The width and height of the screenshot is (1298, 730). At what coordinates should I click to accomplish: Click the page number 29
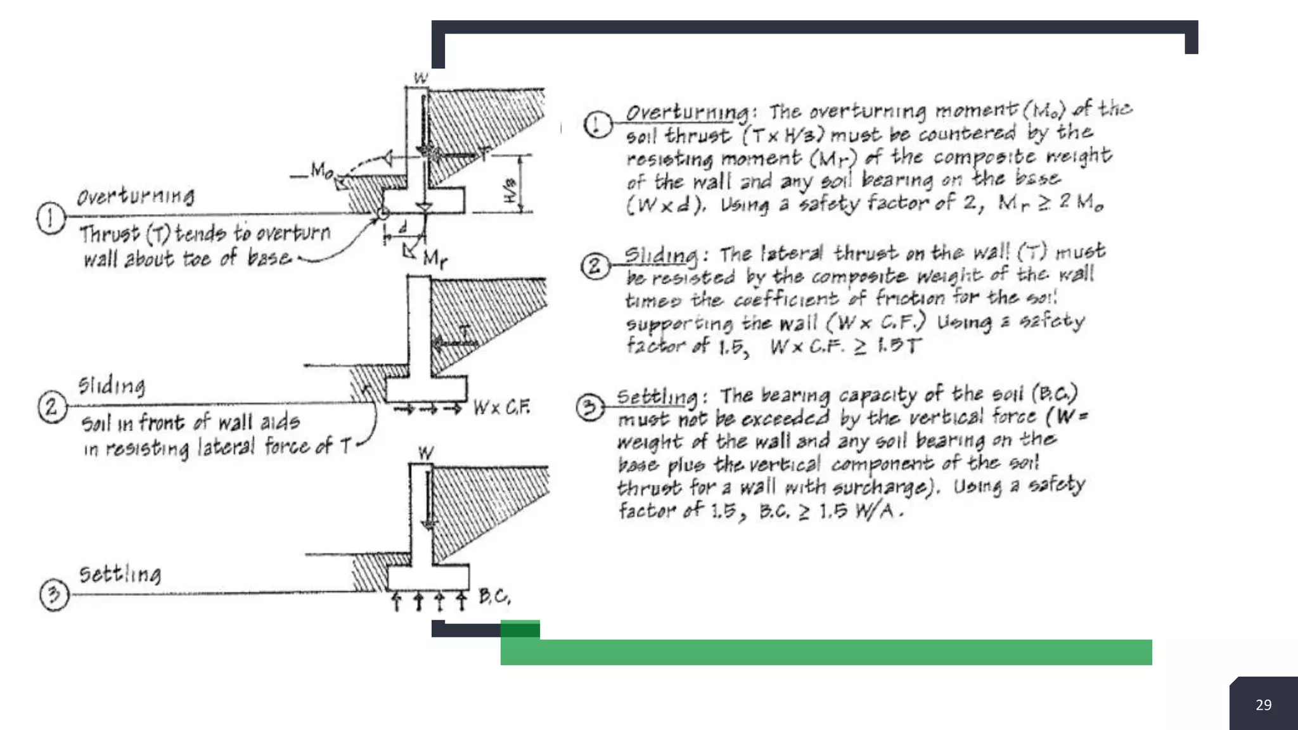tap(1263, 705)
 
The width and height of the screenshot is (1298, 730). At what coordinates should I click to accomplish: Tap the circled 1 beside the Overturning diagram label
tap(51, 219)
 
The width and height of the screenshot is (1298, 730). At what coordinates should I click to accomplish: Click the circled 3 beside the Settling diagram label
tap(54, 594)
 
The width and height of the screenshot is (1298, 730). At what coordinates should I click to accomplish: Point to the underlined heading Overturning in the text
tap(687, 112)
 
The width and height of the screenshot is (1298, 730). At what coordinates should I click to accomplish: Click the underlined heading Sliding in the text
tap(660, 255)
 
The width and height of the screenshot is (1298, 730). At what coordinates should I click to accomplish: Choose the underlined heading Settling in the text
tap(657, 397)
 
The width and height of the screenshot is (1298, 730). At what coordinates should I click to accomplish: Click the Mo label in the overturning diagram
tap(321, 170)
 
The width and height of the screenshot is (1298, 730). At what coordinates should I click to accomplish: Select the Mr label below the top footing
tap(435, 258)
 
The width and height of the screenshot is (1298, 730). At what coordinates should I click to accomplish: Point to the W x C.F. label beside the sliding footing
tap(501, 407)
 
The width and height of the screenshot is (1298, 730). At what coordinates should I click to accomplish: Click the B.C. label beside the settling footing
tap(494, 596)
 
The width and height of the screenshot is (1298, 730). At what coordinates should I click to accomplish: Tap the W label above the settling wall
tap(426, 452)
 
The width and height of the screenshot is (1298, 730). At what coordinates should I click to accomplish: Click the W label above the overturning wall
tap(421, 78)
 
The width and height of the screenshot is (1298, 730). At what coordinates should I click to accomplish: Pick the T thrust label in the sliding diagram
tap(465, 331)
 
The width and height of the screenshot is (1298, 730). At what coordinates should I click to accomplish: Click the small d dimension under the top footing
tap(402, 227)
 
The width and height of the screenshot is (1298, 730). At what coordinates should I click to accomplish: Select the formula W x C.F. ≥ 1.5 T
tap(845, 346)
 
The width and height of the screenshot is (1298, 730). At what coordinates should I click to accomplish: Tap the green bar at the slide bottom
tap(824, 652)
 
